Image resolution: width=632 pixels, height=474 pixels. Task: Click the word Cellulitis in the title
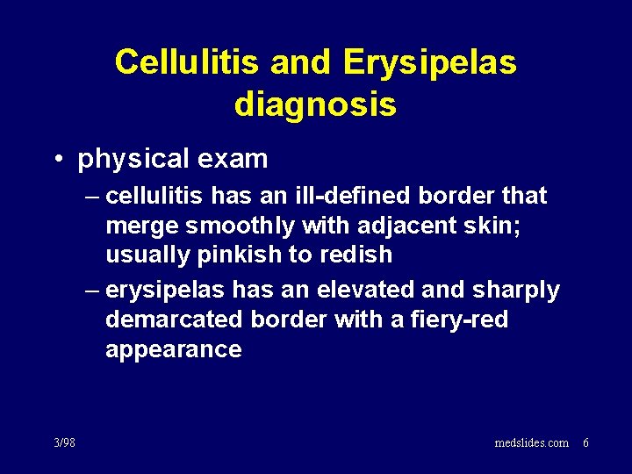[188, 62]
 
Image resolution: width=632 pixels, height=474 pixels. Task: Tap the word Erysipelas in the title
[430, 62]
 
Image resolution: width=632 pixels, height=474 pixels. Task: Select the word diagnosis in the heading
[315, 105]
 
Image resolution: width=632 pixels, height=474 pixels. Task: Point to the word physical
[131, 160]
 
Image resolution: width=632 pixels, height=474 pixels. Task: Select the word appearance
[174, 349]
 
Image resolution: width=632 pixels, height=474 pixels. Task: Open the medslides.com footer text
[530, 442]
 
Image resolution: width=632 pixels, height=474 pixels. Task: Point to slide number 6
[586, 442]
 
